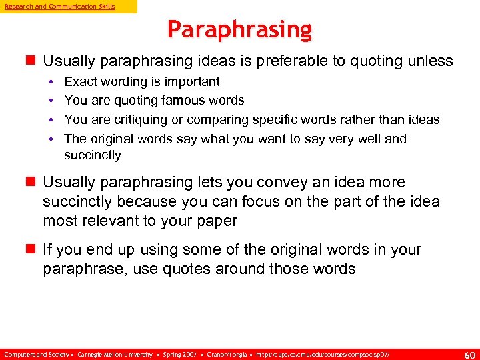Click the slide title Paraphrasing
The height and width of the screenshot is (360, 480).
[239, 29]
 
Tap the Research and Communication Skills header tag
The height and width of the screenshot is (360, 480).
[60, 6]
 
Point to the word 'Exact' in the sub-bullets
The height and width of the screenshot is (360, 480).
[80, 81]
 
